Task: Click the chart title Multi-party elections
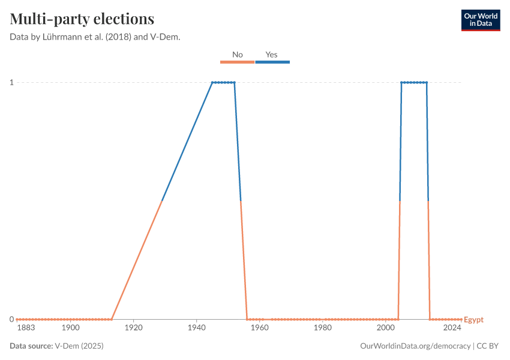pos(82,19)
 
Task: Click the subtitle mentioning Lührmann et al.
pos(95,37)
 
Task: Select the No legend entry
pos(237,55)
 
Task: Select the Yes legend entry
pos(272,55)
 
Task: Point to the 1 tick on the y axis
pos(11,82)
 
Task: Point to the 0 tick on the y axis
pos(11,319)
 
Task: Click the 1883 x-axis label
pos(26,328)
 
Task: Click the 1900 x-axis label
pos(70,328)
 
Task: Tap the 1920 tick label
pos(133,328)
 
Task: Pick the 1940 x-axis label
pos(196,328)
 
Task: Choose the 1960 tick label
pos(259,328)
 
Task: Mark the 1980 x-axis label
pos(322,328)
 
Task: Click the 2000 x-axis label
pos(385,328)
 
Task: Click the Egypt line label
pos(473,320)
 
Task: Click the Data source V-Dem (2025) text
pos(61,346)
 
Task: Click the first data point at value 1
pos(212,82)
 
